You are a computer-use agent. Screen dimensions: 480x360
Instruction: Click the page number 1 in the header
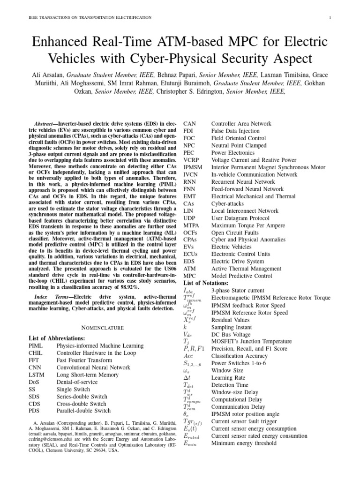(x=331, y=17)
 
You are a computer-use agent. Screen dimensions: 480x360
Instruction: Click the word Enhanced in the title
(x=58, y=44)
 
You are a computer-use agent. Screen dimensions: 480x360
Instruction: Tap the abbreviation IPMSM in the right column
(x=193, y=167)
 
